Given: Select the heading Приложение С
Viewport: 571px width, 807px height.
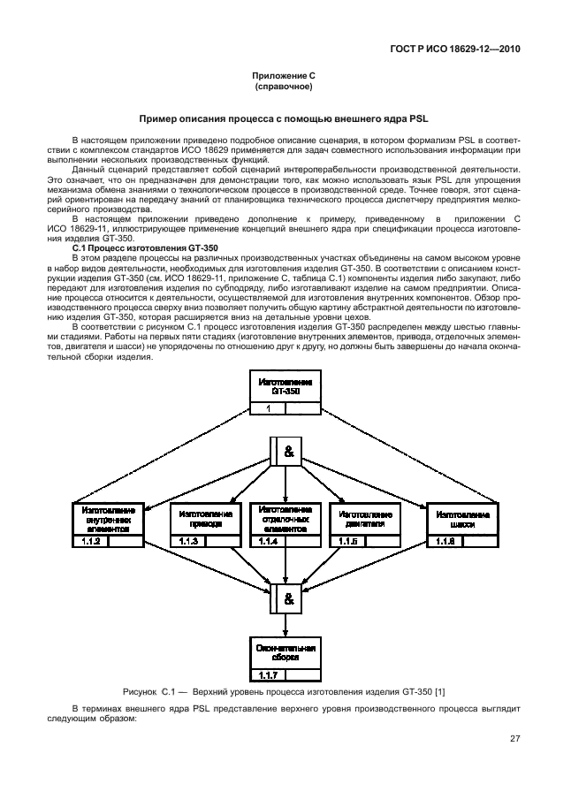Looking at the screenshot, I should coord(285,78).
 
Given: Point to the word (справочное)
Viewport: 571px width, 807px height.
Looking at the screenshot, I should coord(285,88).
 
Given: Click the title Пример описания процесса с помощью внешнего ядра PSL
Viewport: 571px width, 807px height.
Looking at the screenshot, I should coord(285,118).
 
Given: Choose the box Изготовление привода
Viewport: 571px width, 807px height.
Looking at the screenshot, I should coord(206,519).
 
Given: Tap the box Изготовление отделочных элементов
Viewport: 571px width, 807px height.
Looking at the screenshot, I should coord(285,519).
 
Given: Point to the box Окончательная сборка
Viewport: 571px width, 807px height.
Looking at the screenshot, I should coord(285,652).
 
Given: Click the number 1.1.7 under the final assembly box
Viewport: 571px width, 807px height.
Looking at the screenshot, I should coord(268,676).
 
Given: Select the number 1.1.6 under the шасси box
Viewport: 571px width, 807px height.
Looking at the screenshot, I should coord(444,541).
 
